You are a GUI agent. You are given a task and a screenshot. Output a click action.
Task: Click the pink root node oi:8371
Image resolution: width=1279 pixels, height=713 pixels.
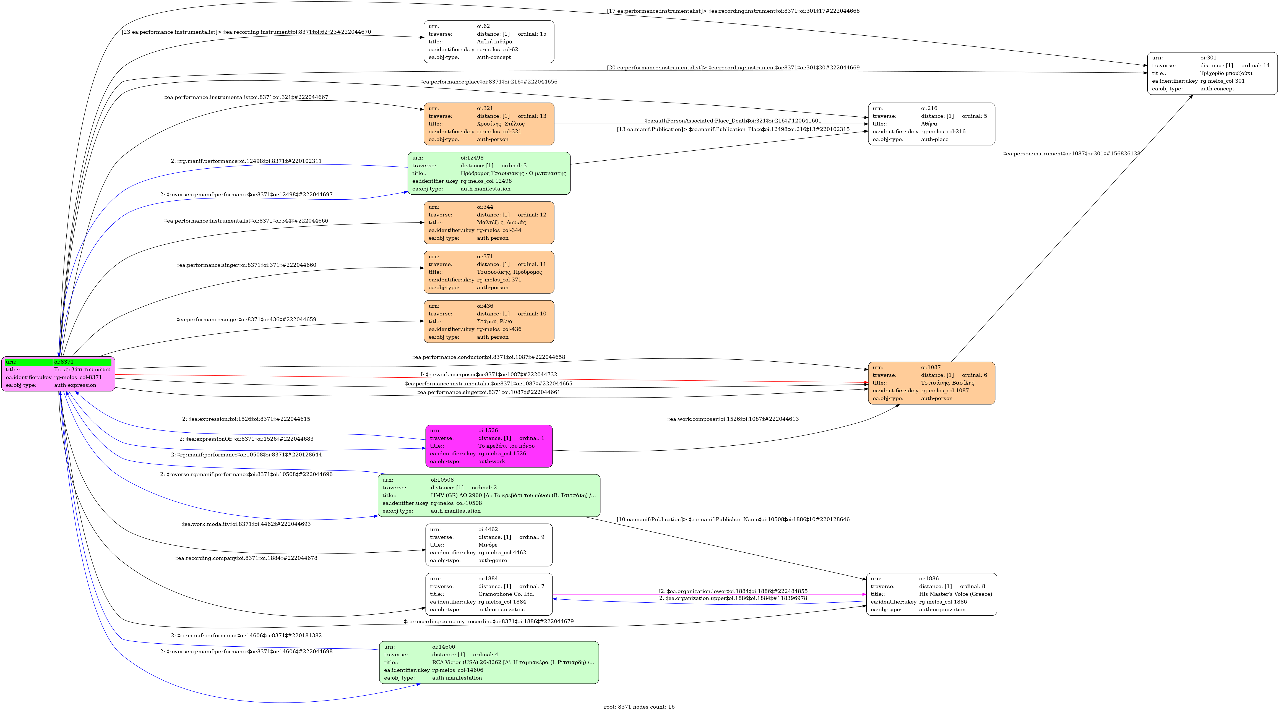click(x=58, y=374)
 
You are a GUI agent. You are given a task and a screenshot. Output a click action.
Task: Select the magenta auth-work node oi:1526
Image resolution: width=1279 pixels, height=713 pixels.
click(x=489, y=446)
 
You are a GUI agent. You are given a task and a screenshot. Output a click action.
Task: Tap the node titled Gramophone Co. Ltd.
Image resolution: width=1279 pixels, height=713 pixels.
click(x=489, y=594)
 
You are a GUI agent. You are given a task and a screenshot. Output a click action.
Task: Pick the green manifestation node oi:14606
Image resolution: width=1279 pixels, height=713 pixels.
click(x=489, y=662)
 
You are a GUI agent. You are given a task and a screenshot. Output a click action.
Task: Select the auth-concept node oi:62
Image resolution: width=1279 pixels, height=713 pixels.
click(x=489, y=42)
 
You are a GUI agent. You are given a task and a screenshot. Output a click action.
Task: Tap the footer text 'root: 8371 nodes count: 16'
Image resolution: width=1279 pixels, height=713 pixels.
click(x=639, y=707)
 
